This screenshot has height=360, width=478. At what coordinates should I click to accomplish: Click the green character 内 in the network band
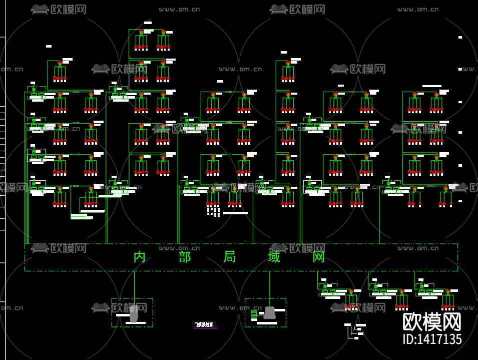click(139, 257)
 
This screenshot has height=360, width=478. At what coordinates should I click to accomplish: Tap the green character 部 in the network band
click(184, 257)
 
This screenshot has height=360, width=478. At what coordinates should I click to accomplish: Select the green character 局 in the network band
click(230, 257)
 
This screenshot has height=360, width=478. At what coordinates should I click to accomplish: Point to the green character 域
click(274, 257)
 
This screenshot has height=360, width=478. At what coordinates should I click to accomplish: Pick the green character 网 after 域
click(319, 257)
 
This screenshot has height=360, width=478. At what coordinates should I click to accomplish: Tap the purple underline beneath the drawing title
click(206, 328)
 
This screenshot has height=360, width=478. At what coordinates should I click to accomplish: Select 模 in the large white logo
click(432, 321)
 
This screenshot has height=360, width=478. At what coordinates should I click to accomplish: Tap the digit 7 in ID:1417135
click(440, 339)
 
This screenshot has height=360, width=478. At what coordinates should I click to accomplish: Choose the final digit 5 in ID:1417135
click(458, 339)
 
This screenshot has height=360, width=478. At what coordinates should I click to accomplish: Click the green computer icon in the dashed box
click(254, 314)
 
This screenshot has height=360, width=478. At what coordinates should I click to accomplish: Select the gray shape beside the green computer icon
click(270, 313)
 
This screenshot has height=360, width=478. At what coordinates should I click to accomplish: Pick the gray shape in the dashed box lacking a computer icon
click(134, 314)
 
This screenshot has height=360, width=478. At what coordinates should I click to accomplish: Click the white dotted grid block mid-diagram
click(214, 210)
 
